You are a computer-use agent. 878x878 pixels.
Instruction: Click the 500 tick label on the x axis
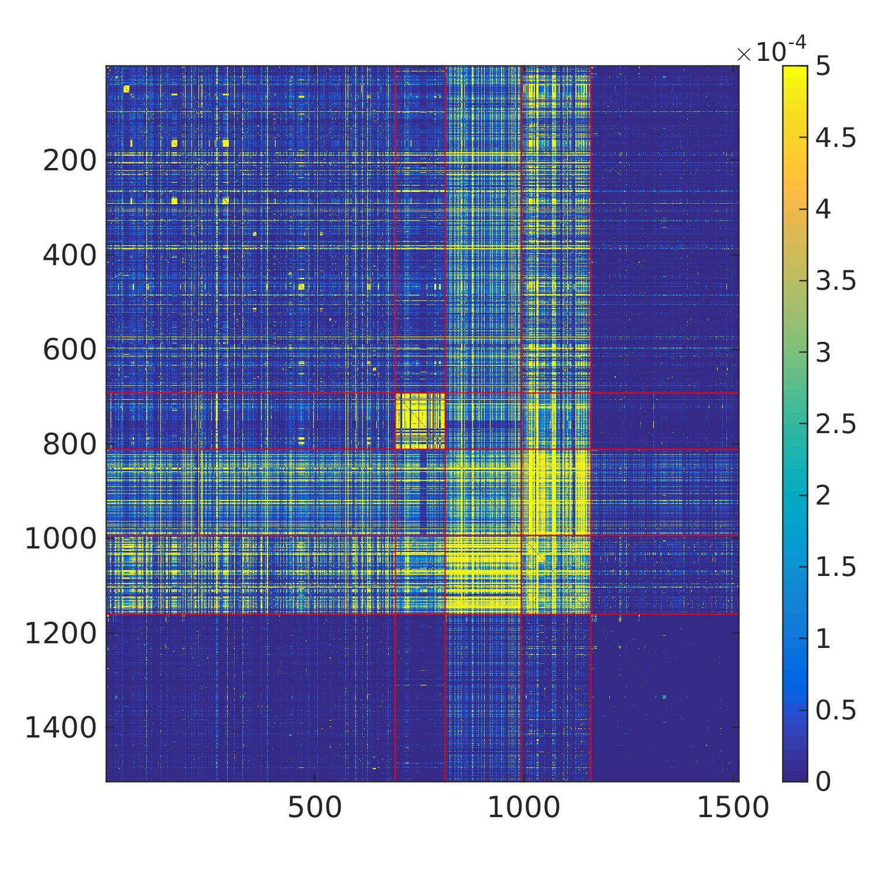pyautogui.click(x=315, y=808)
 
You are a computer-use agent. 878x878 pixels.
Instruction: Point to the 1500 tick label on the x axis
pyautogui.click(x=732, y=808)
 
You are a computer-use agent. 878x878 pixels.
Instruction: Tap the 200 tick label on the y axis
pyautogui.click(x=70, y=160)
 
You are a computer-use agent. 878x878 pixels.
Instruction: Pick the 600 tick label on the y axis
pyautogui.click(x=70, y=350)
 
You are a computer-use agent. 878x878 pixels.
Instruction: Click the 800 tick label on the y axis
pyautogui.click(x=70, y=445)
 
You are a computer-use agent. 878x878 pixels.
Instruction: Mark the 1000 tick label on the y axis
pyautogui.click(x=60, y=539)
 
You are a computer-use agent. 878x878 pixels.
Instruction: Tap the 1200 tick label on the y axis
pyautogui.click(x=60, y=634)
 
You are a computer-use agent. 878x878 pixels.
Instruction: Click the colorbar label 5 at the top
pyautogui.click(x=823, y=66)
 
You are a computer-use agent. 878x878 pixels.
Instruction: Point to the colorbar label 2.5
pyautogui.click(x=836, y=424)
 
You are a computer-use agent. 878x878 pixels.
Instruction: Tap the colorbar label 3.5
pyautogui.click(x=836, y=281)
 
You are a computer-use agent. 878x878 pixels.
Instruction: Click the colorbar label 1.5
pyautogui.click(x=836, y=567)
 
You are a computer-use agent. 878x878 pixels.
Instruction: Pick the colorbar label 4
pyautogui.click(x=823, y=209)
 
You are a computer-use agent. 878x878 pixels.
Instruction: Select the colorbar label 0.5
pyautogui.click(x=836, y=710)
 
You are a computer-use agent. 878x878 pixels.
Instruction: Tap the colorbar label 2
pyautogui.click(x=823, y=495)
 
